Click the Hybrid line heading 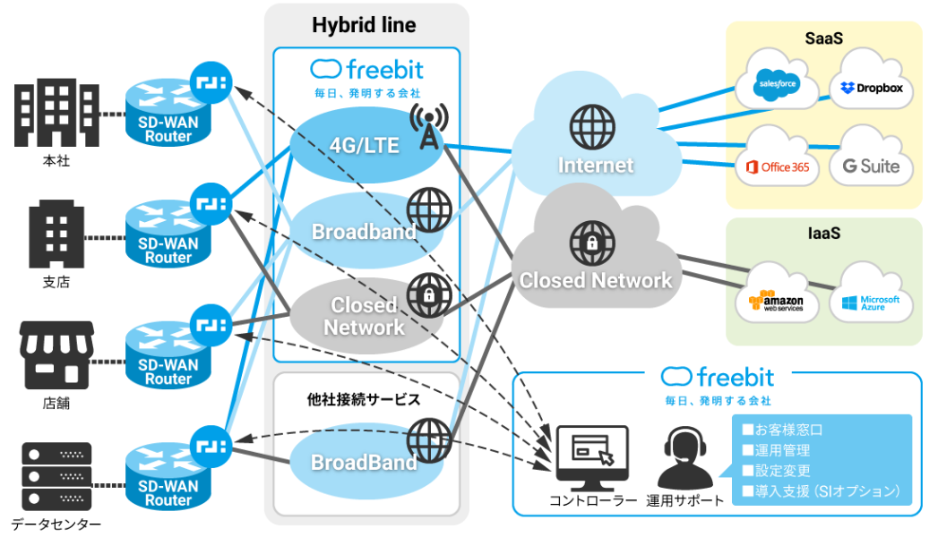pos(364,24)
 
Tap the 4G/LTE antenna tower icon pos(427,126)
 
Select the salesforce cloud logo pos(777,85)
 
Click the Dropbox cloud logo pos(871,88)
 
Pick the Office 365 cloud pos(777,165)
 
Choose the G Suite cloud pos(870,165)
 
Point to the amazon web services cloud pos(776,302)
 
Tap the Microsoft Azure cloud pos(870,302)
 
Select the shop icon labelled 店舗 pos(56,358)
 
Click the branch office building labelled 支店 pos(56,235)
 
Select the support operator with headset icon pos(684,456)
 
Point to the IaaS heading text pos(823,234)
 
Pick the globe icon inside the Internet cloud pos(593,125)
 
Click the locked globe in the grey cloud pos(593,241)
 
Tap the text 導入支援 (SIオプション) pos(820,491)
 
